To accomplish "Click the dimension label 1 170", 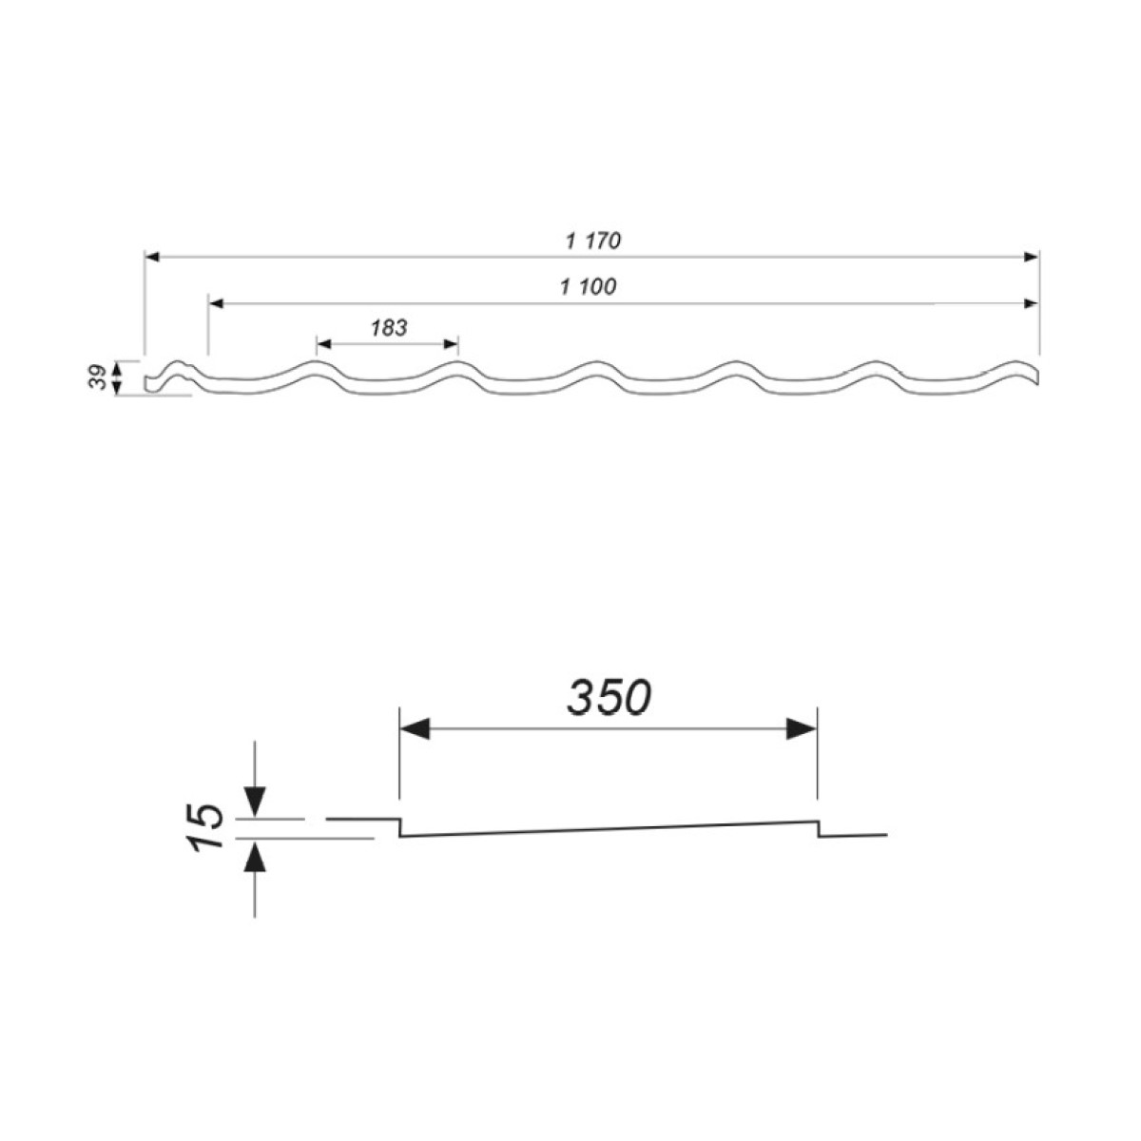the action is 592,241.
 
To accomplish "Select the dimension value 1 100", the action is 588,287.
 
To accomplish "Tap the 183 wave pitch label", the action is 389,327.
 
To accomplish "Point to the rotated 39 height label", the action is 98,377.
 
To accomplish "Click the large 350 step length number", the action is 609,697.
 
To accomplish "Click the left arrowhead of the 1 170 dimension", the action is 153,257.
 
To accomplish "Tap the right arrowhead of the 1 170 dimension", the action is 1031,257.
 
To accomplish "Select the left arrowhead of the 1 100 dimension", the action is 216,303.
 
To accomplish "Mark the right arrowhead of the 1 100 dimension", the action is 1031,303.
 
